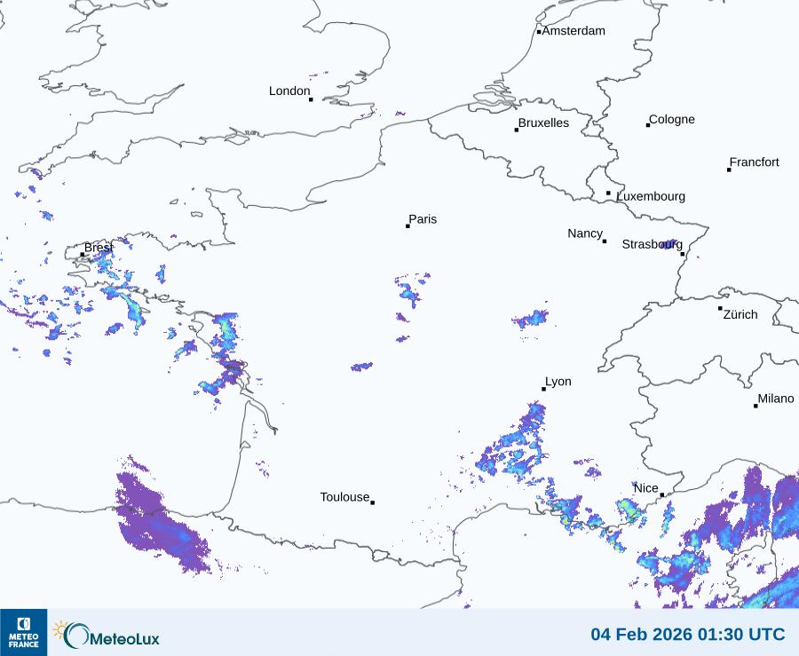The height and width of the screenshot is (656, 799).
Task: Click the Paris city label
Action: point(423,219)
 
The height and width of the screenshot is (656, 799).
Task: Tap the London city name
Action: point(289,91)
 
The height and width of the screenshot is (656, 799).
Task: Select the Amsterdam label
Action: point(574,31)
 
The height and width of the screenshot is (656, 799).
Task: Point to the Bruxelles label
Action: point(543,123)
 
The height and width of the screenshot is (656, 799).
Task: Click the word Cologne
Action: point(672,120)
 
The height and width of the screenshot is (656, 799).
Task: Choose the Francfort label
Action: point(755,162)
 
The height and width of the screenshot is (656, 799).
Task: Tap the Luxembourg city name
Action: point(651,196)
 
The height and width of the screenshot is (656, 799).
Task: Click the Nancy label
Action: point(585,233)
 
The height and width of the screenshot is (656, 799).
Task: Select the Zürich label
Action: point(740,314)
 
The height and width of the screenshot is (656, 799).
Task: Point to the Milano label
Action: point(776,399)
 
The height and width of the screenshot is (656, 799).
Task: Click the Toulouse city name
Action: point(344,497)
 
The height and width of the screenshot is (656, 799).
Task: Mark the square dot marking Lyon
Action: point(544,389)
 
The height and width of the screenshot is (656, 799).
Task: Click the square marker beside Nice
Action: point(662,495)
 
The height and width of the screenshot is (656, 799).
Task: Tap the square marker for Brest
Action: point(83,255)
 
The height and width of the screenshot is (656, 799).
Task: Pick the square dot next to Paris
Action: point(407,226)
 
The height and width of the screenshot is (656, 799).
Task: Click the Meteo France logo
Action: point(23,632)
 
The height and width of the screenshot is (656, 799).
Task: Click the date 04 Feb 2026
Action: point(645,635)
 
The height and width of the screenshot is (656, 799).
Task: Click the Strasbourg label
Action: point(652,244)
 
